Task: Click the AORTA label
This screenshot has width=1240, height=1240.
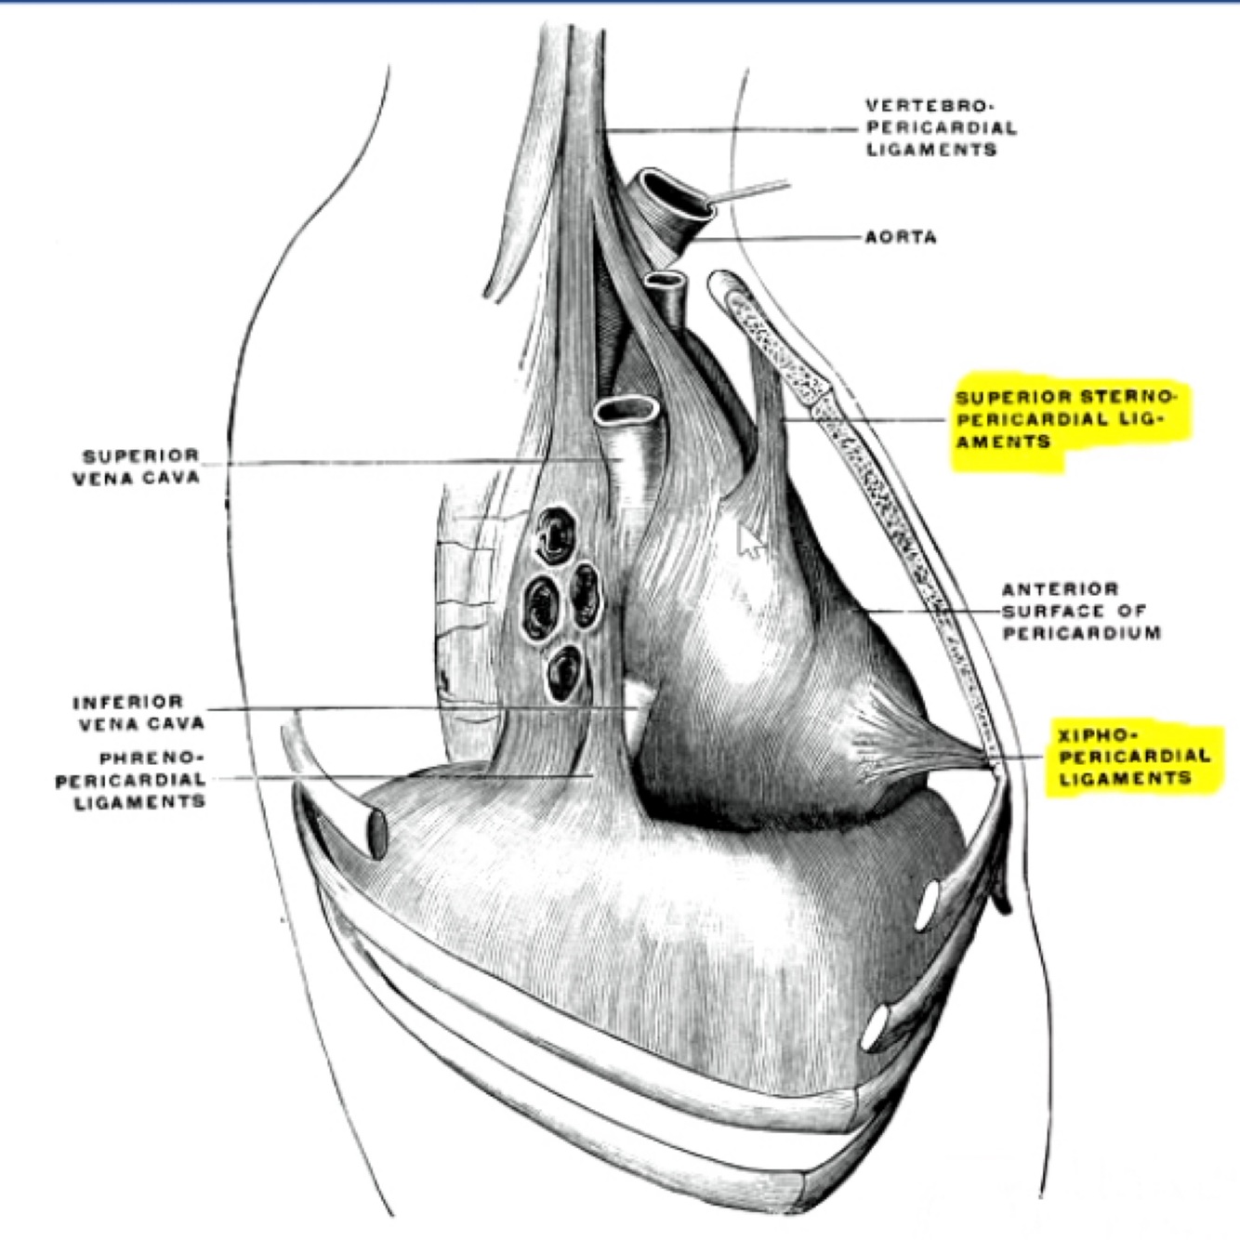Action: (x=901, y=237)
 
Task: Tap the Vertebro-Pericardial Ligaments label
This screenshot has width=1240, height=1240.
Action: (x=941, y=127)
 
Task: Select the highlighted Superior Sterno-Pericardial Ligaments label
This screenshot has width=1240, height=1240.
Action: (x=1065, y=419)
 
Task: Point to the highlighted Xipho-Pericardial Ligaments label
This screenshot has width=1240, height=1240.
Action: (x=1134, y=756)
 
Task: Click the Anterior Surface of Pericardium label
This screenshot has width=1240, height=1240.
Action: (x=1081, y=611)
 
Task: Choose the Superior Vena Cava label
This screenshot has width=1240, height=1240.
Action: (x=140, y=467)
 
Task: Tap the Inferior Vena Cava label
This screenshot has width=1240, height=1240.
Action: (x=139, y=711)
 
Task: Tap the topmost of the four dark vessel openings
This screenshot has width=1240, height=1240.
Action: (x=554, y=535)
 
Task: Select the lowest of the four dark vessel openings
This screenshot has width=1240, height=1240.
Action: (x=562, y=673)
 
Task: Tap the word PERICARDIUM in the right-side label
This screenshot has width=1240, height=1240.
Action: (x=1081, y=633)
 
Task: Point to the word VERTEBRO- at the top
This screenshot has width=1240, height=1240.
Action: (x=923, y=106)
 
